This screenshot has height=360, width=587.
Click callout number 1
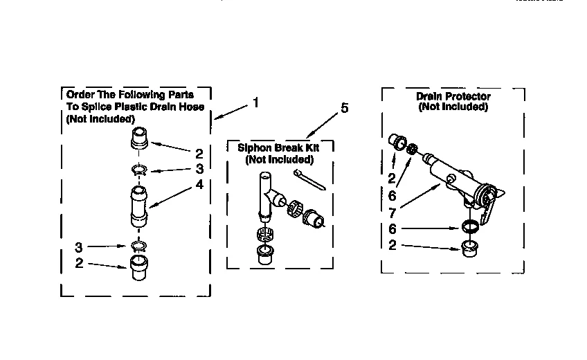pyautogui.click(x=255, y=102)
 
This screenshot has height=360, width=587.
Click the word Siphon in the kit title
pyautogui.click(x=254, y=148)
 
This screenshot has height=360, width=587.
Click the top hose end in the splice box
pyautogui.click(x=139, y=138)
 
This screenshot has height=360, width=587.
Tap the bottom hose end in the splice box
pyautogui.click(x=138, y=267)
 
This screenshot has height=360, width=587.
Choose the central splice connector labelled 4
pyautogui.click(x=138, y=206)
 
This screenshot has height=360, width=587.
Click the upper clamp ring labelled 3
pyautogui.click(x=138, y=170)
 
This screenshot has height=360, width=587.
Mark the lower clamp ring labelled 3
pyautogui.click(x=138, y=245)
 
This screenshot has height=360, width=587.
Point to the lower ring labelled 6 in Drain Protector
pyautogui.click(x=469, y=226)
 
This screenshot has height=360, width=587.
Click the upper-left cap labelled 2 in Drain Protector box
pyautogui.click(x=397, y=141)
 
